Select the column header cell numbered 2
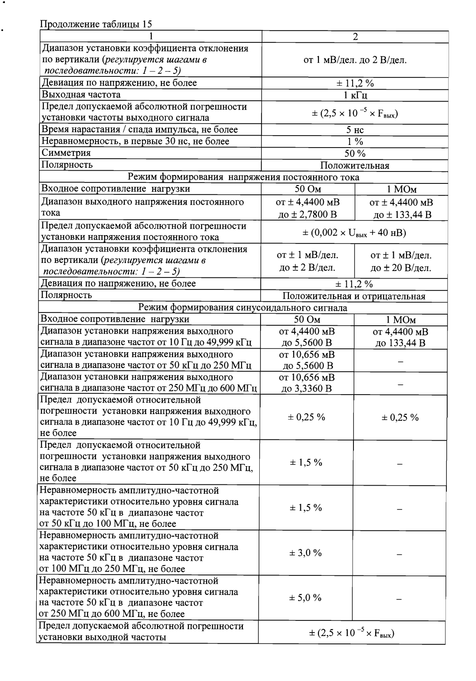pos(355,37)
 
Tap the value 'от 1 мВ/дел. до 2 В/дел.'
pos(355,60)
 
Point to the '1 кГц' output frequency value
pos(355,95)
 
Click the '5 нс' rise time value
pos(355,130)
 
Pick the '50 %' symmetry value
pos(355,153)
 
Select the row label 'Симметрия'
pos(66,153)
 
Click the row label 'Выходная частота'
pos(81,95)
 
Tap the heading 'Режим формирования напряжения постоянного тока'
pos(243,177)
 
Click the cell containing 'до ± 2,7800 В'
pos(308,215)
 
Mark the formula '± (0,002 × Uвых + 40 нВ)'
pos(355,232)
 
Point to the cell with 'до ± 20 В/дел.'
pos(401,268)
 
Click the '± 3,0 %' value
pos(306,553)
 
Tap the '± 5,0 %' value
pos(306,598)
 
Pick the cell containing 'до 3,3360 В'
pos(307,389)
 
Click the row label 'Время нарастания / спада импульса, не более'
pos(139,129)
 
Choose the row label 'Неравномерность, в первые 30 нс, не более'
pos(135,141)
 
